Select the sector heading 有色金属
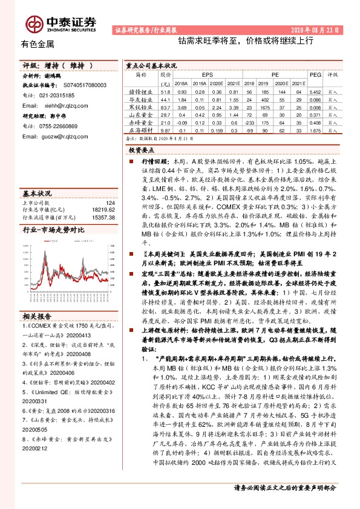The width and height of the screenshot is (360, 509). (x=38, y=45)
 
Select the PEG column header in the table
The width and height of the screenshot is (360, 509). (x=315, y=74)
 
